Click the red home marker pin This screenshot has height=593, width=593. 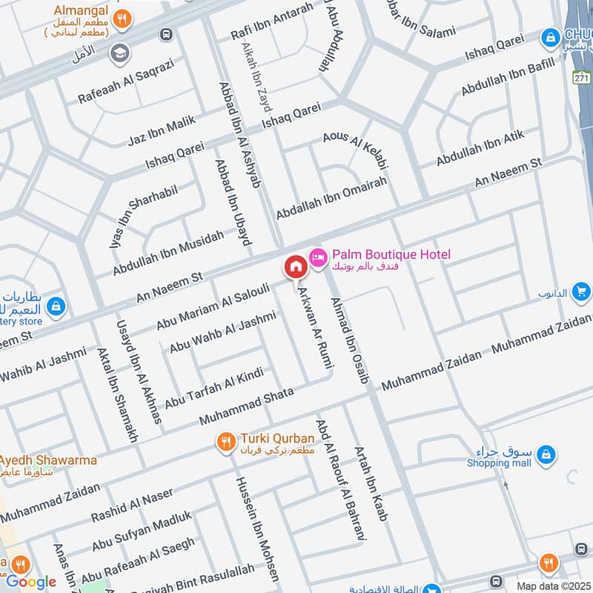295,266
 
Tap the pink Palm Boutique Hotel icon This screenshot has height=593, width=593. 317,256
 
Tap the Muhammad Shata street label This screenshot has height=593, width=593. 246,405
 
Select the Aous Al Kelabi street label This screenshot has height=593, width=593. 356,148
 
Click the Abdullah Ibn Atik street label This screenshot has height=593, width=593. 480,148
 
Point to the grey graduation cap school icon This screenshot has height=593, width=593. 119,53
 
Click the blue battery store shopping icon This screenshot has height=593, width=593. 56,305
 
